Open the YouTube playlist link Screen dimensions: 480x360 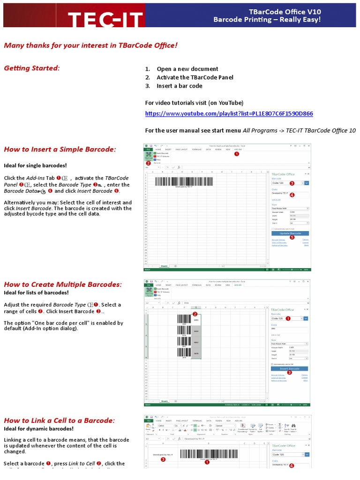[x=229, y=113]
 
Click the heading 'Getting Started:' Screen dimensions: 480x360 [x=32, y=68]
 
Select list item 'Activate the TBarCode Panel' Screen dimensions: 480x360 [x=195, y=77]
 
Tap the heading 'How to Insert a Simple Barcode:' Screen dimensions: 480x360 [x=60, y=150]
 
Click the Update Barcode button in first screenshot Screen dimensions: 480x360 [x=290, y=233]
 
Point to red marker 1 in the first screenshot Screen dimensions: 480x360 [x=236, y=154]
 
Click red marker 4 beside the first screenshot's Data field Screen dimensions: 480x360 [x=292, y=195]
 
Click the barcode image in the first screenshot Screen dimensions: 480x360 [x=183, y=182]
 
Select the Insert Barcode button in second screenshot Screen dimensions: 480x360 [x=290, y=368]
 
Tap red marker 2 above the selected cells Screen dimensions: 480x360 [x=195, y=314]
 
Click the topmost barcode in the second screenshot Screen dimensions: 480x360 [x=184, y=319]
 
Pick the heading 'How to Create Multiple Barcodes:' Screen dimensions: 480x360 [x=63, y=285]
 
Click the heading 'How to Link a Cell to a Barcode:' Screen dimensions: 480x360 [x=60, y=420]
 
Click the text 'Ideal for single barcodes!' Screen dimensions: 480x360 [x=36, y=165]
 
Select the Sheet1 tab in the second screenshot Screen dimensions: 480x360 [x=165, y=401]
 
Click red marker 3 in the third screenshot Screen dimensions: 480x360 [x=163, y=459]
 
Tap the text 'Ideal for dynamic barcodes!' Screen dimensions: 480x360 [x=39, y=429]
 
